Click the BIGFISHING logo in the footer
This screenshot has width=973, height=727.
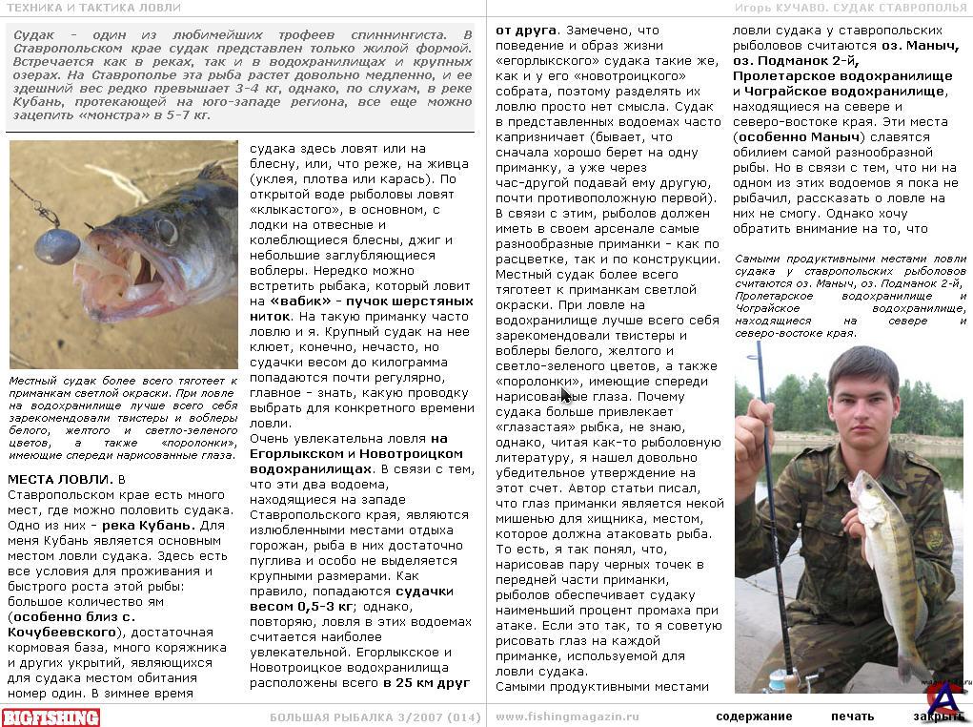[51, 717]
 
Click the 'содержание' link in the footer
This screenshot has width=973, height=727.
[754, 717]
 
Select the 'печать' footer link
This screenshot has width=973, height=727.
[851, 717]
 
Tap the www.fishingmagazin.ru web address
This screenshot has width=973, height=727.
[567, 717]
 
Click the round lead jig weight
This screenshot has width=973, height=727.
[56, 246]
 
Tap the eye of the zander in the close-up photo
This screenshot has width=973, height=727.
[168, 231]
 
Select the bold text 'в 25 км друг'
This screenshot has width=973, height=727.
[426, 683]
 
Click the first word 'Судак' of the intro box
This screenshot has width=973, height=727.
[34, 35]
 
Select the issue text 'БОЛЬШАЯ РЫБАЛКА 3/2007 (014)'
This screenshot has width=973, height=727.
[375, 717]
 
